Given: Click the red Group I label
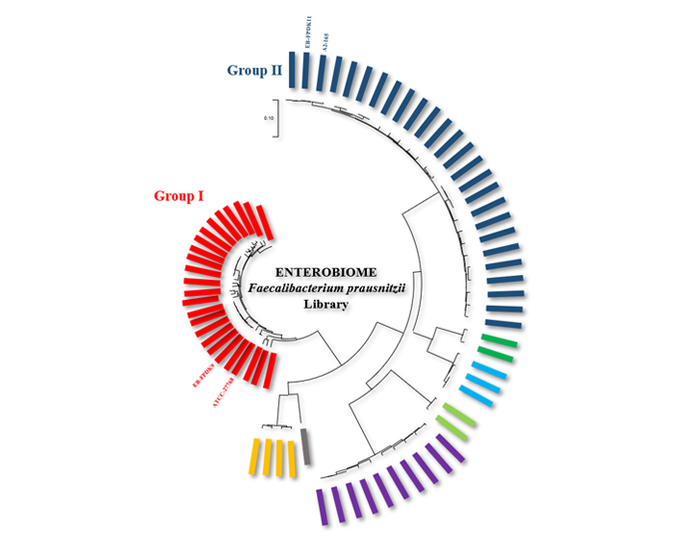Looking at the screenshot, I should [x=178, y=195].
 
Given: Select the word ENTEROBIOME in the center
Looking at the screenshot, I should [x=326, y=271].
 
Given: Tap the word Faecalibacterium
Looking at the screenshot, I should [x=289, y=288].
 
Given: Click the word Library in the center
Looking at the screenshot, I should [x=326, y=305].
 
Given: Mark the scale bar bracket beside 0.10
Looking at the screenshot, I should [x=276, y=119].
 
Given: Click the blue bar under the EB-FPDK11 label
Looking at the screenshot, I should [x=306, y=71].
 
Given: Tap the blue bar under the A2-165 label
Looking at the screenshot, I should [x=322, y=73].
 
